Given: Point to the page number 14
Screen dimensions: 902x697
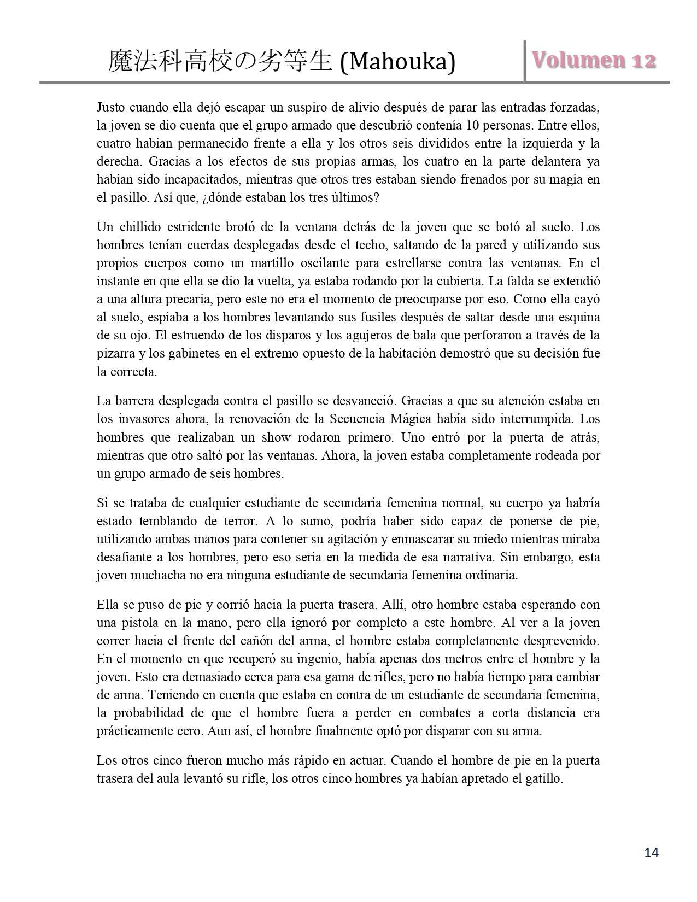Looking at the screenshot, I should click(652, 852).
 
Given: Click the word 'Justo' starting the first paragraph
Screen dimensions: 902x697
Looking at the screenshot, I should click(110, 107).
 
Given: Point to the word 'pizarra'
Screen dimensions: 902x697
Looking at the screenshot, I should click(116, 353).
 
